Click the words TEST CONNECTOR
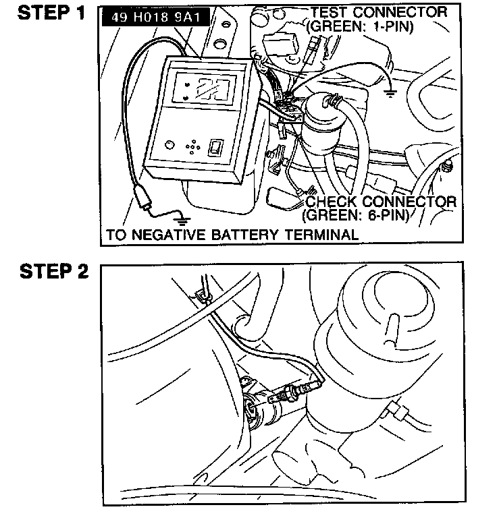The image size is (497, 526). pyautogui.click(x=378, y=12)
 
